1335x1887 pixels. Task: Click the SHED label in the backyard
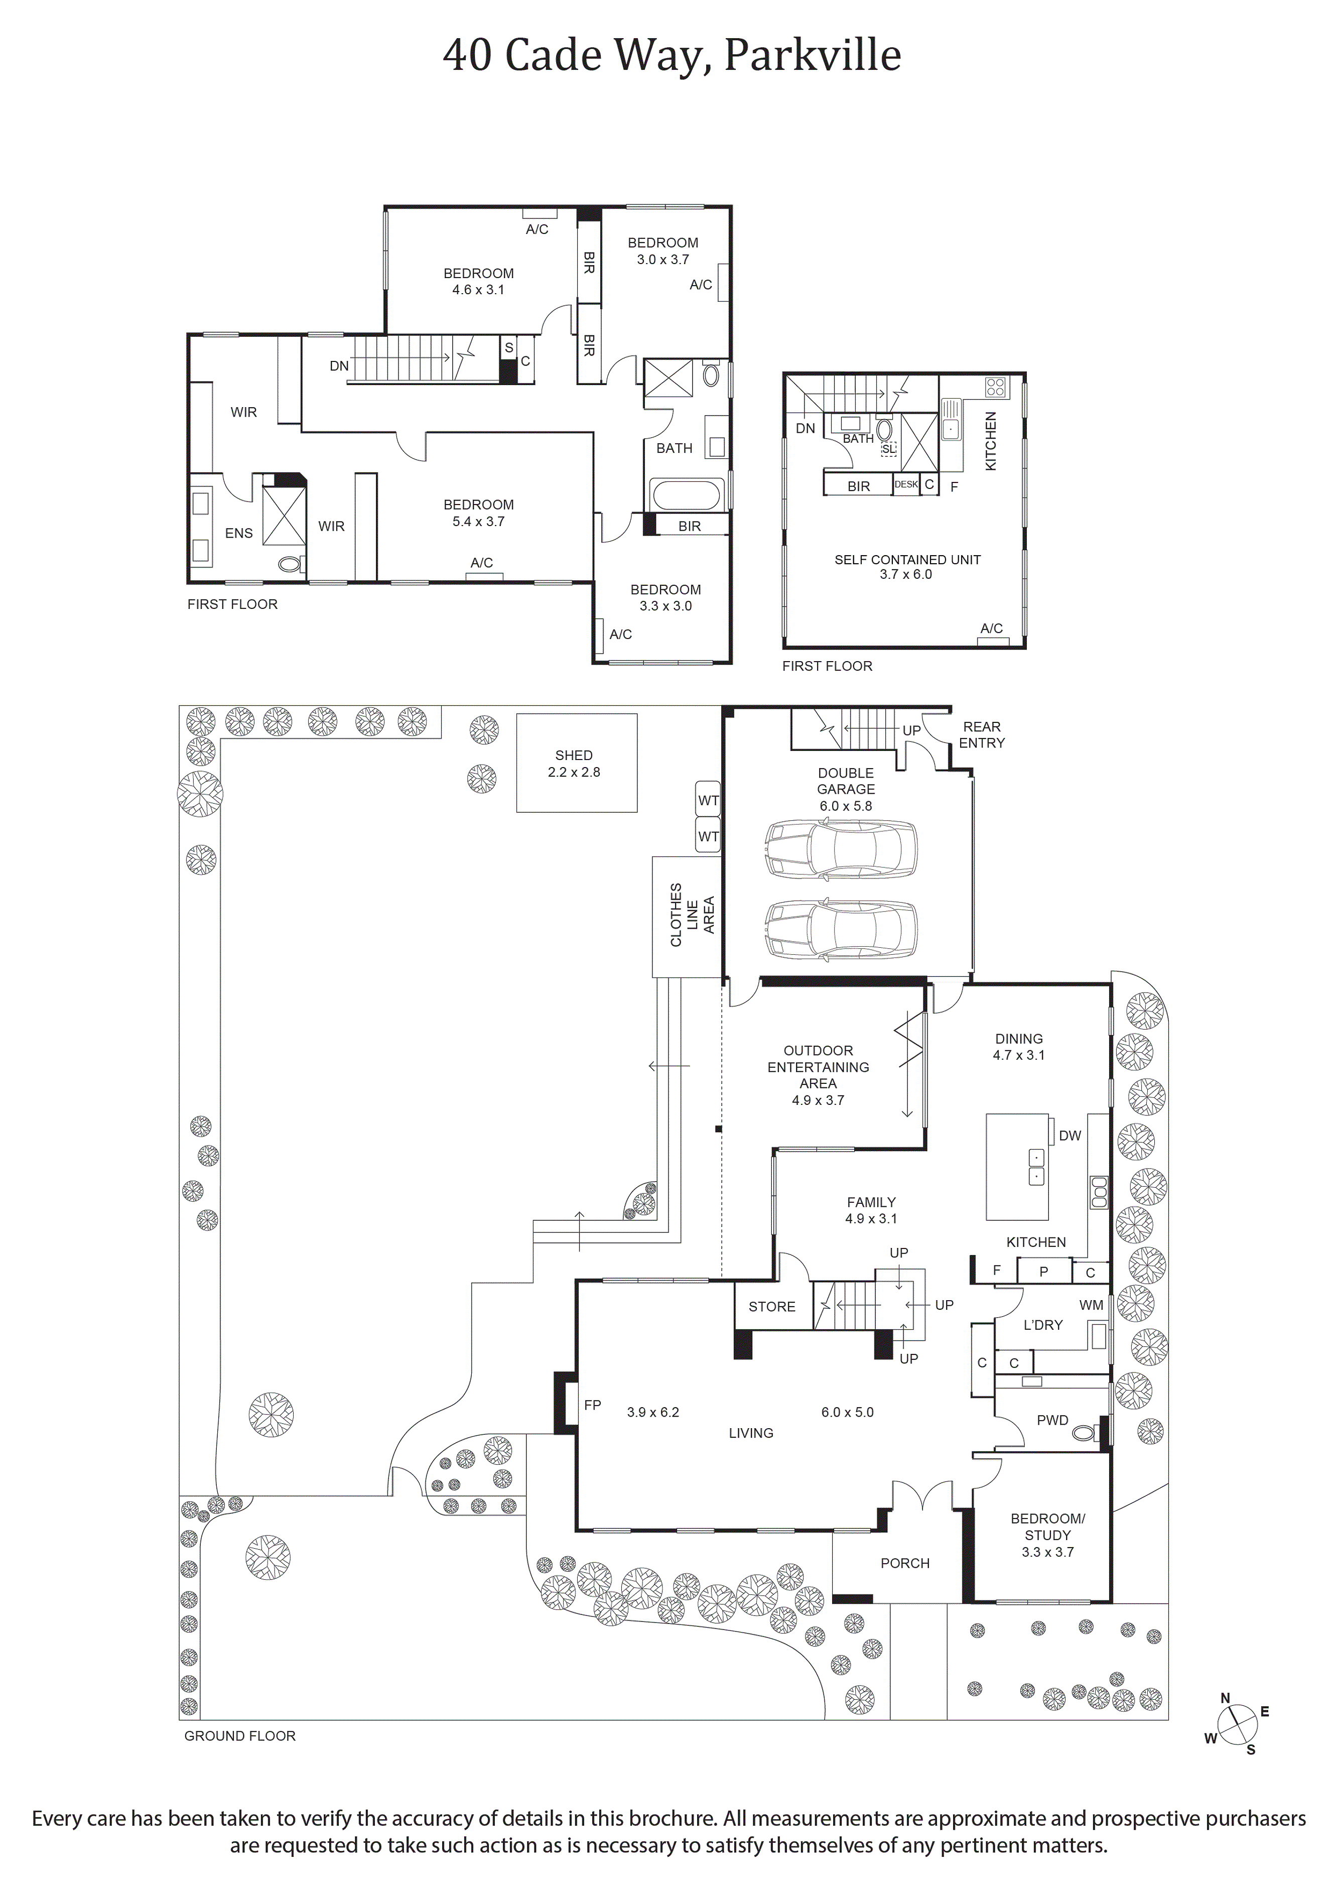(574, 755)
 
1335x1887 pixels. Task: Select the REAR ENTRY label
(982, 734)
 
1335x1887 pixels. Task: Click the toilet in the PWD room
(1085, 1433)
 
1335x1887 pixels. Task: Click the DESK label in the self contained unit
(906, 484)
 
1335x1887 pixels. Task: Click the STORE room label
(772, 1307)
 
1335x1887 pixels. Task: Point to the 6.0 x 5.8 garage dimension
(846, 806)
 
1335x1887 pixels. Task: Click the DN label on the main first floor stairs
(339, 366)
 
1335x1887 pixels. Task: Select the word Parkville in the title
(813, 55)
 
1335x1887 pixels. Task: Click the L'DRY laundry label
(1043, 1325)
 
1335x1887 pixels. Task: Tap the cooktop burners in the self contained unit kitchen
(996, 387)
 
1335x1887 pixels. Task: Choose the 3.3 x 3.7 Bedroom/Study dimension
(1048, 1552)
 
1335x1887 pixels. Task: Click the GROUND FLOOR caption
(240, 1736)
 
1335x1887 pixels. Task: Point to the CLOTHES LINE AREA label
(692, 915)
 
